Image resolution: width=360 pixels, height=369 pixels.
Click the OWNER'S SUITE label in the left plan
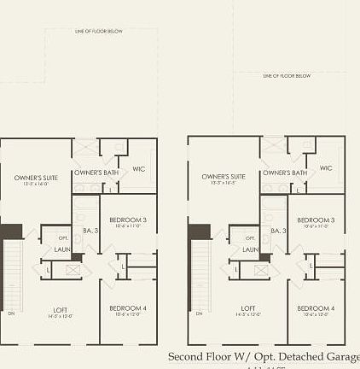click(36, 178)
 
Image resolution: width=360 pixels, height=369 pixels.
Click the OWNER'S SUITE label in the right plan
click(224, 177)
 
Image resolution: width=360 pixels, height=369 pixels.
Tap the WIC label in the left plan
click(138, 169)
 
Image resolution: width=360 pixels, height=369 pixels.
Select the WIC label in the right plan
click(326, 168)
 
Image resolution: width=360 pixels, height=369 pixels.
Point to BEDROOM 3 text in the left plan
click(129, 220)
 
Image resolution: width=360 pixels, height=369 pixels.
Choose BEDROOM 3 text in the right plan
click(316, 220)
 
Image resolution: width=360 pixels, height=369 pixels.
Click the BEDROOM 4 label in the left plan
click(129, 307)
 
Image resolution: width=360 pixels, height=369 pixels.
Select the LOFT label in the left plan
click(60, 308)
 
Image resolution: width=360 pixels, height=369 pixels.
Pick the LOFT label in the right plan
click(247, 308)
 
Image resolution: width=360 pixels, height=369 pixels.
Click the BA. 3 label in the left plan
click(90, 231)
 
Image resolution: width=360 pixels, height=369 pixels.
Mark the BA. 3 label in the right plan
click(278, 231)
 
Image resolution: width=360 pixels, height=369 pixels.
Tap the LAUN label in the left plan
click(61, 249)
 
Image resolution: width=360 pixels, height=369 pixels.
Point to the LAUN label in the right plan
click(249, 249)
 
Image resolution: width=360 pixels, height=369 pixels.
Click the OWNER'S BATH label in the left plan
click(96, 173)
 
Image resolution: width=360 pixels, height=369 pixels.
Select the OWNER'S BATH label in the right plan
click(284, 173)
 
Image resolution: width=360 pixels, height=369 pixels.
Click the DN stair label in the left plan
click(11, 313)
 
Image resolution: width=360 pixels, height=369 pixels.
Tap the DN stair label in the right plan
click(199, 313)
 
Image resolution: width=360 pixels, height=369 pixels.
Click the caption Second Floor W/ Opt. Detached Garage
click(264, 356)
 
